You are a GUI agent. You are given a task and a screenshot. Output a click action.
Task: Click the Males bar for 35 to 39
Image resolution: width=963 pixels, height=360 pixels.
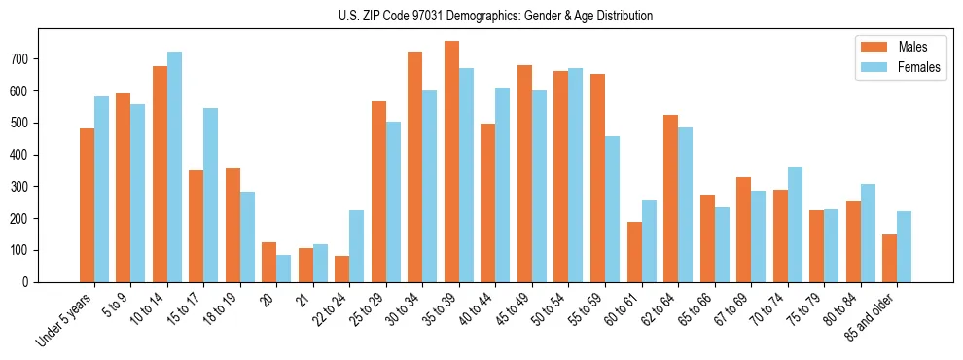point(451,162)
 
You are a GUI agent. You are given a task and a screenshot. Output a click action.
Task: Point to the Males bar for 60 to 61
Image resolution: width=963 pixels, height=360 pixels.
point(634,252)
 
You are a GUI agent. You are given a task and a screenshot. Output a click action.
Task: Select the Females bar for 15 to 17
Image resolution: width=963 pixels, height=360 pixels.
point(211,195)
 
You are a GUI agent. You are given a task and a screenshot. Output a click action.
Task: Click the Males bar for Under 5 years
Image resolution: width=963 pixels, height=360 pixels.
point(87,205)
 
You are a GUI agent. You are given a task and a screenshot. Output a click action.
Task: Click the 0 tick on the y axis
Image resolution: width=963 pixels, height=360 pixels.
point(30,282)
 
